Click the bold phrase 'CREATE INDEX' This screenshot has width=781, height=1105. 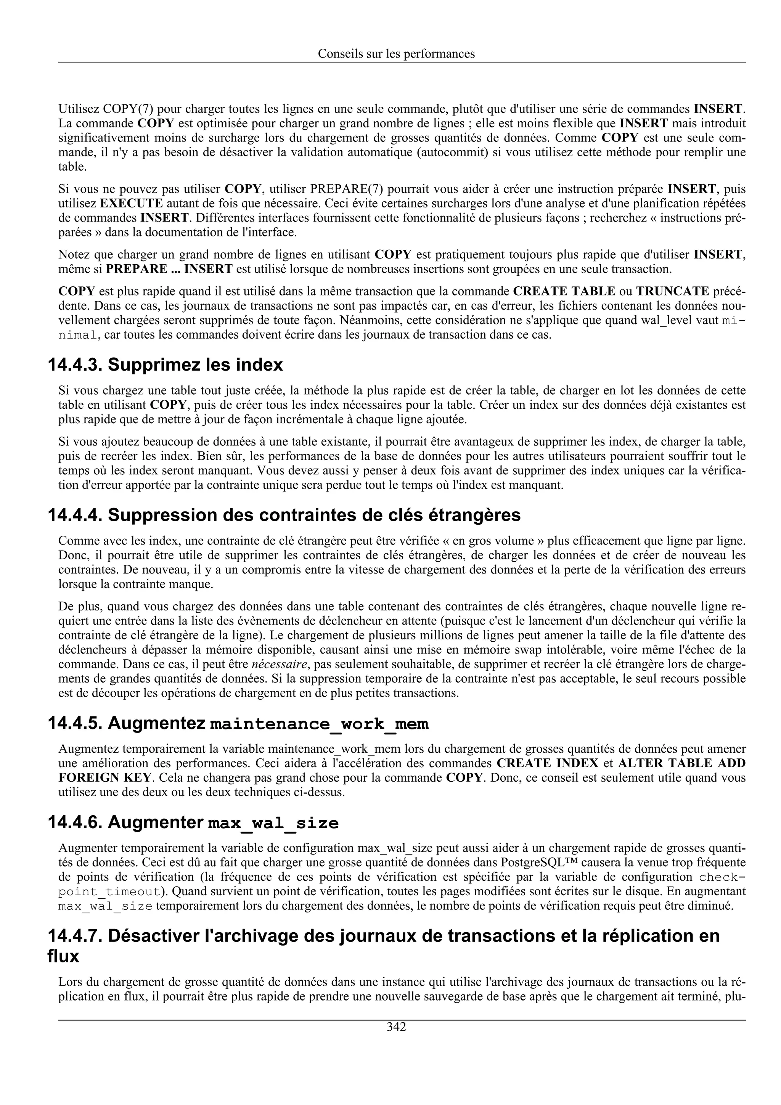pos(547,763)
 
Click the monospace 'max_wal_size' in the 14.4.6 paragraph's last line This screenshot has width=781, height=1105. pos(105,906)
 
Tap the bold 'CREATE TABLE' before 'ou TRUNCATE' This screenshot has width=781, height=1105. pos(564,291)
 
